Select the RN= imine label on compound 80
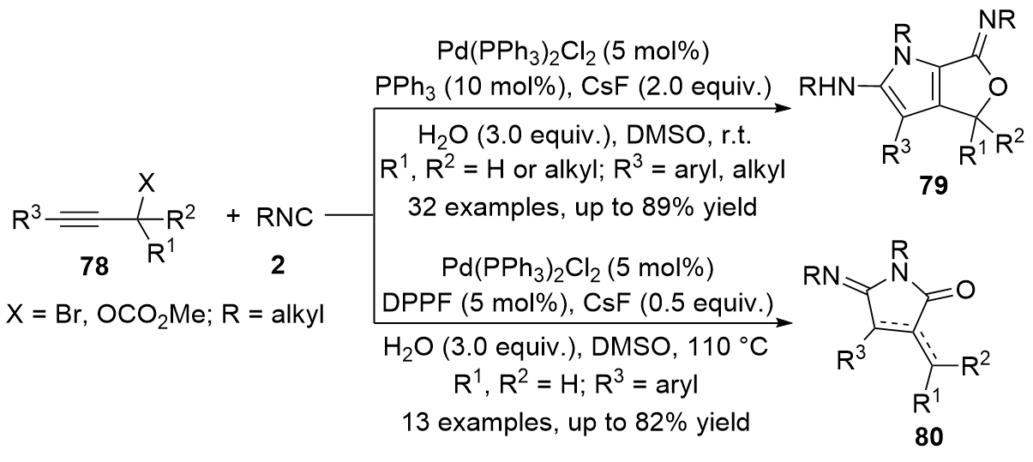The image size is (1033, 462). coord(821,277)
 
